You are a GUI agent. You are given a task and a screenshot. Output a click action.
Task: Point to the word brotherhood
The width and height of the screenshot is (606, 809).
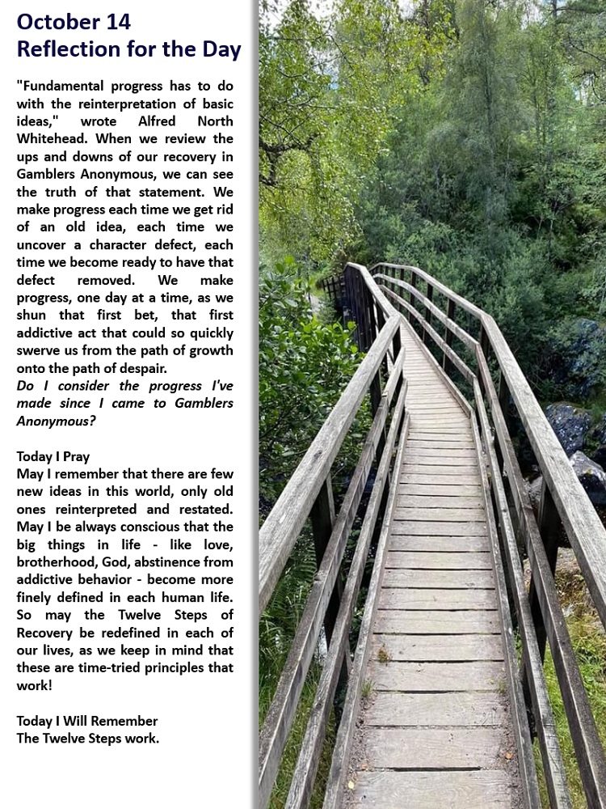coord(53,562)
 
